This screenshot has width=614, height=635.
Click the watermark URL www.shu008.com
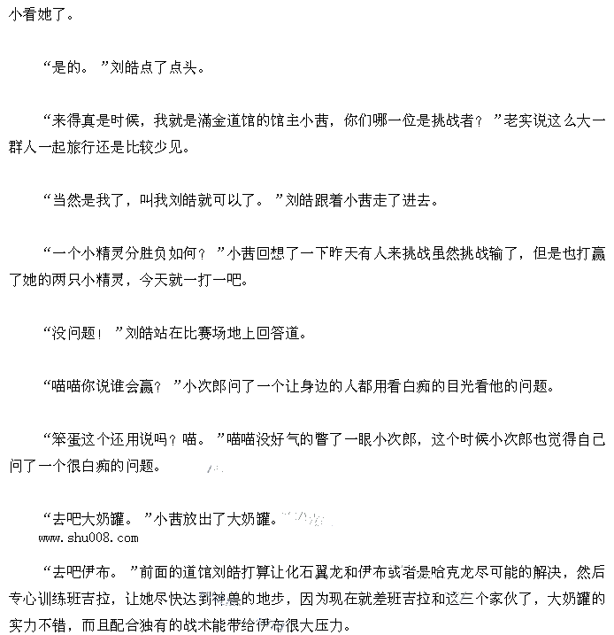click(x=88, y=538)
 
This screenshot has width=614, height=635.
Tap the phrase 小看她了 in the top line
click(x=36, y=15)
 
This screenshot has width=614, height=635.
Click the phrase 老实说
click(x=523, y=121)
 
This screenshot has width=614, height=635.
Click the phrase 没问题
click(x=74, y=334)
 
